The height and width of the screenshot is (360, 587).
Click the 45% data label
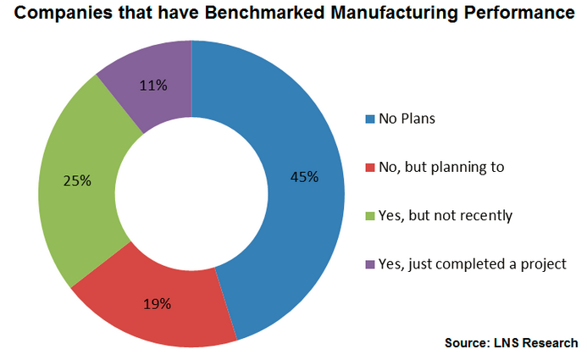click(x=304, y=177)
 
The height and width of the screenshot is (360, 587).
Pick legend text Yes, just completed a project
click(x=472, y=263)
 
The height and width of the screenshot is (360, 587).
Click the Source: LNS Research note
click(x=511, y=343)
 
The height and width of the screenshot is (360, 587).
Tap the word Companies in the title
click(x=58, y=14)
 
